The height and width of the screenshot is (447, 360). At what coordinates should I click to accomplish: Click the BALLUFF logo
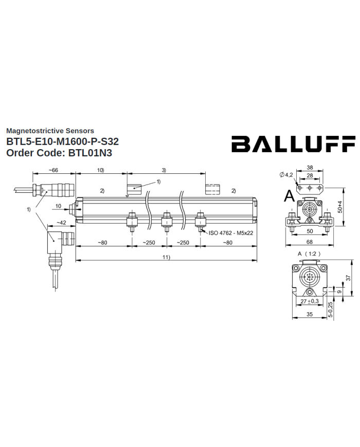tap(293, 144)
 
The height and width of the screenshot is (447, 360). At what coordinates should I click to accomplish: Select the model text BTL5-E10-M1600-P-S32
tap(62, 141)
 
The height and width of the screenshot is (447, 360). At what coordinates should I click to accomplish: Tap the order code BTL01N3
tap(90, 153)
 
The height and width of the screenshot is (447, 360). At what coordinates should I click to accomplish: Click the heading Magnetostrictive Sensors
tap(50, 131)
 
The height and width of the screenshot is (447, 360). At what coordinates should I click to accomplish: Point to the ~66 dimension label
tap(53, 170)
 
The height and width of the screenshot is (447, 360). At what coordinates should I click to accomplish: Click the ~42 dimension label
tap(61, 223)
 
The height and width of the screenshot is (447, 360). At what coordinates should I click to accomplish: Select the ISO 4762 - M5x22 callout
tap(230, 233)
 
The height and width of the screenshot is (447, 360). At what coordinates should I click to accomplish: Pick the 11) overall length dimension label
tap(166, 257)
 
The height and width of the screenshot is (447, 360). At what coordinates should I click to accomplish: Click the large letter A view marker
tap(290, 196)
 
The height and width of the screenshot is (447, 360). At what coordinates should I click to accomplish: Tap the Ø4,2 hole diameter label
tap(286, 175)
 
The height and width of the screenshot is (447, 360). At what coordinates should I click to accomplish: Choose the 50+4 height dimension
tap(340, 207)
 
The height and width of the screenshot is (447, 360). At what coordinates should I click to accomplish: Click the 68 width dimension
tap(309, 242)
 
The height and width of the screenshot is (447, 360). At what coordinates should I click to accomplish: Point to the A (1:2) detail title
tap(309, 254)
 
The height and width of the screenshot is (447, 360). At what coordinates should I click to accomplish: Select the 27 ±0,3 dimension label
tap(310, 301)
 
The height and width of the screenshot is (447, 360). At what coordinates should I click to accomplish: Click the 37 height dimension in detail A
tap(348, 278)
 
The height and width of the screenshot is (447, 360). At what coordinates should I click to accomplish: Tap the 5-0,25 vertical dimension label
tap(330, 310)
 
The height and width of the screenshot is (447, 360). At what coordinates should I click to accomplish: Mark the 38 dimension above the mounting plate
tap(310, 168)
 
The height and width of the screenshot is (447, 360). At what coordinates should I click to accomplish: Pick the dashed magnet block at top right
tap(212, 189)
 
